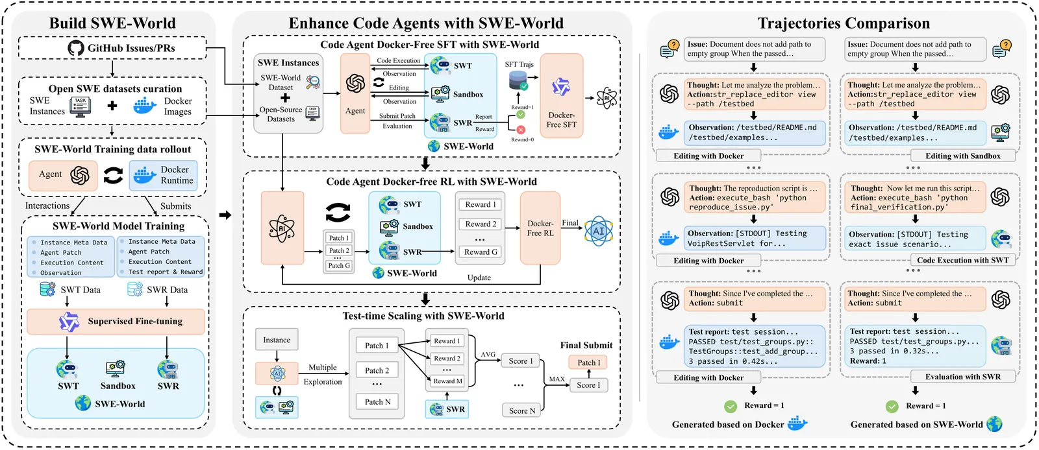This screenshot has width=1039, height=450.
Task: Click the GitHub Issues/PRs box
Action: click(112, 48)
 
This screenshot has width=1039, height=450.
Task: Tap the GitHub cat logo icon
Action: click(76, 48)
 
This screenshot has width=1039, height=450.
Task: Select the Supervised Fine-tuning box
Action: click(116, 321)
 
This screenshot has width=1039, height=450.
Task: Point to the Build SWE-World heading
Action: click(112, 23)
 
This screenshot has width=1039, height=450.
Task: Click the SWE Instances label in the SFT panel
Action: click(288, 63)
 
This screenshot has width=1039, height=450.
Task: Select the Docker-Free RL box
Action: click(540, 228)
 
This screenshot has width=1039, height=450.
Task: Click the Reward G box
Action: click(481, 252)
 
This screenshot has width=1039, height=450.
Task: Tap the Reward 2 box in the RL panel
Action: click(481, 224)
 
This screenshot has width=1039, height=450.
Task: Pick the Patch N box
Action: click(377, 402)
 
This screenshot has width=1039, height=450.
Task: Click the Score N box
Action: click(522, 410)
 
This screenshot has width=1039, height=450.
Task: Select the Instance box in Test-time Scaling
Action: click(277, 340)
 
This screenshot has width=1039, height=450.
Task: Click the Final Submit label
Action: click(586, 345)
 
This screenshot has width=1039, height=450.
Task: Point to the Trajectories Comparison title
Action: click(844, 23)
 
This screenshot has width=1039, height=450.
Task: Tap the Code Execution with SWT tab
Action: click(962, 260)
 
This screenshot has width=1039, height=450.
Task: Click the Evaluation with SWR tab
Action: click(962, 377)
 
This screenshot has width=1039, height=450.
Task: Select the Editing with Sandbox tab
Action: click(962, 156)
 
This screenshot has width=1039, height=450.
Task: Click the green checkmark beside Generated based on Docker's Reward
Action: click(731, 406)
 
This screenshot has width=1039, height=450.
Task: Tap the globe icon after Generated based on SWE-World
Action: click(994, 425)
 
